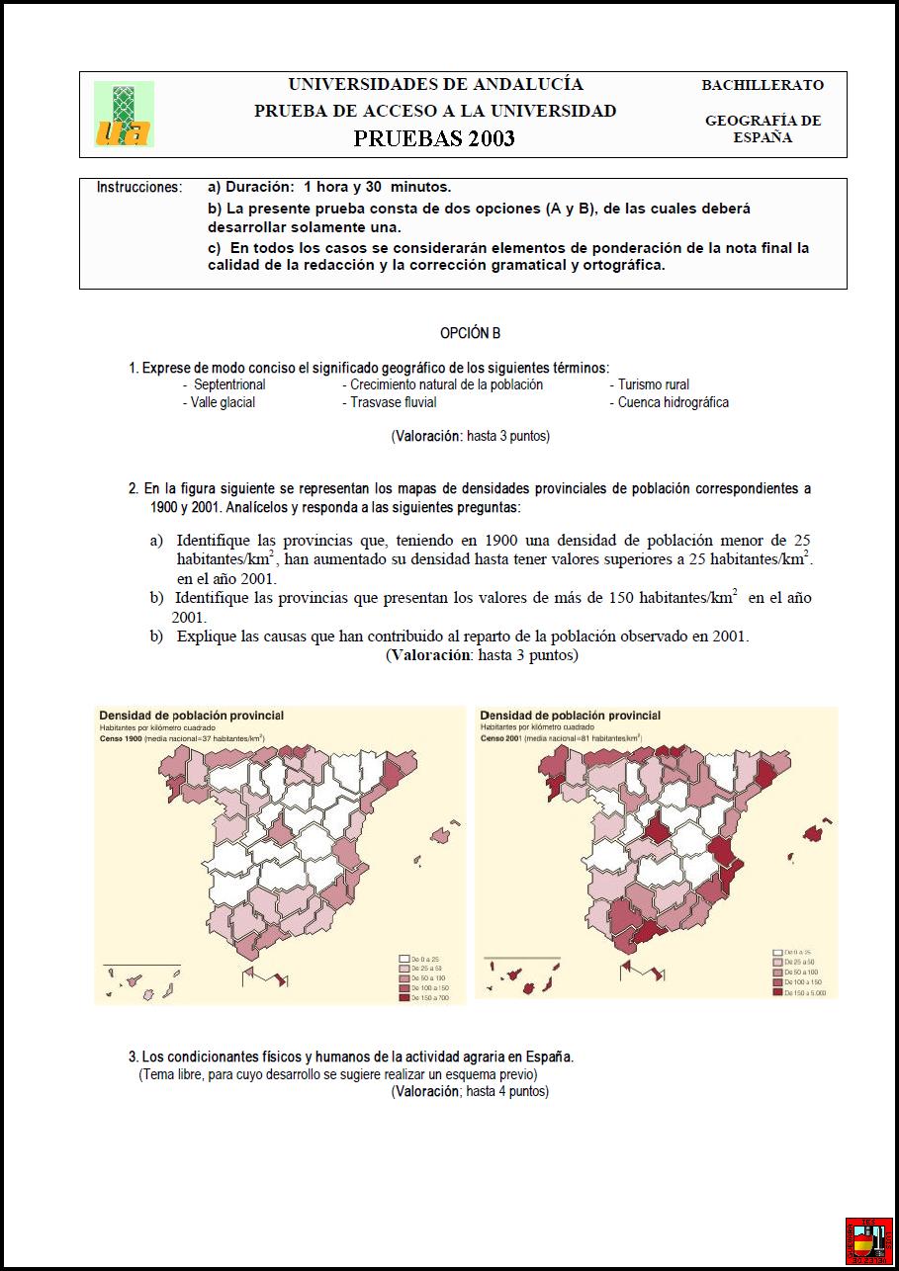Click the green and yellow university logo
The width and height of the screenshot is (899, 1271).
tap(124, 115)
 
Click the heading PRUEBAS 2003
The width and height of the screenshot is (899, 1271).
tap(434, 138)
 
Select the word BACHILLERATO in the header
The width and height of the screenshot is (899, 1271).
tap(763, 85)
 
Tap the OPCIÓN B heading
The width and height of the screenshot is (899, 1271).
tap(471, 334)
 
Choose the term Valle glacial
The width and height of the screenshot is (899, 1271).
tap(219, 402)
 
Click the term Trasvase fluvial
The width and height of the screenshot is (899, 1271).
tap(393, 402)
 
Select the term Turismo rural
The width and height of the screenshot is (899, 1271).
tap(653, 384)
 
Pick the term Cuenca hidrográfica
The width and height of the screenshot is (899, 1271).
tap(673, 402)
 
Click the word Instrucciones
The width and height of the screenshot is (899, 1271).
tap(139, 187)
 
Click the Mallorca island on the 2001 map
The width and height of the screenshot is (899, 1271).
tap(814, 833)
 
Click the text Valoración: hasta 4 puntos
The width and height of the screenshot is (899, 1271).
tap(470, 1091)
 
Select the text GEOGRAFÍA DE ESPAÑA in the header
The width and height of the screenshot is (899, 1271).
tap(763, 129)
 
